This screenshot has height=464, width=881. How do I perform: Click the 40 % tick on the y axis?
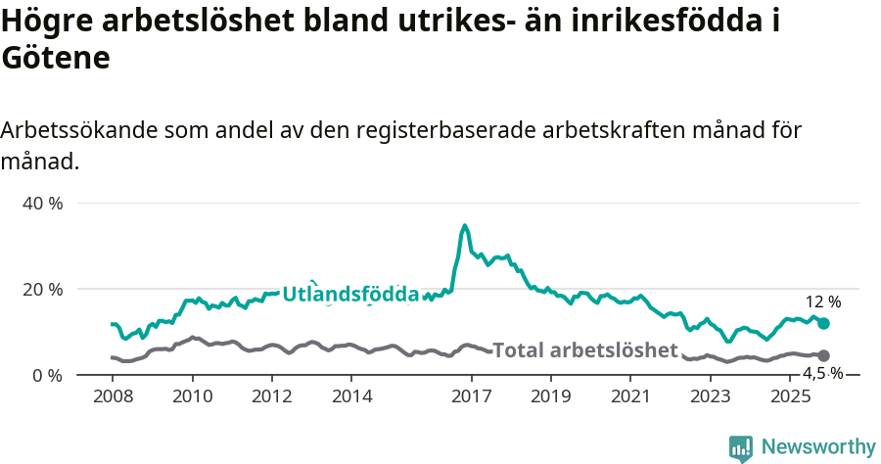(x=42, y=204)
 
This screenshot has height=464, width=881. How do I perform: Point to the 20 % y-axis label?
(x=42, y=290)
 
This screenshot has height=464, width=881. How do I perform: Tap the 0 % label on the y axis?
(x=47, y=376)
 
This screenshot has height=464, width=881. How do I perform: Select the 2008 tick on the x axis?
(x=112, y=395)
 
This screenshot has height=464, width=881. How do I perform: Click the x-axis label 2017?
(x=471, y=395)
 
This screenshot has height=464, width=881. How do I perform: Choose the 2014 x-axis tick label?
(x=351, y=395)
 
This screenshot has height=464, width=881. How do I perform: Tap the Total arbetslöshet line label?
(x=584, y=350)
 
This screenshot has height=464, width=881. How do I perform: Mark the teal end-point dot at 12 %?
(x=823, y=323)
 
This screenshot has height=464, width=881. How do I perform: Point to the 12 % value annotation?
(x=822, y=302)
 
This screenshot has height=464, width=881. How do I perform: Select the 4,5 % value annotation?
(x=822, y=373)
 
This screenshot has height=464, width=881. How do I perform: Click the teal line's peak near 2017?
(x=465, y=226)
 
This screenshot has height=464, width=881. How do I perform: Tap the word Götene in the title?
(x=55, y=59)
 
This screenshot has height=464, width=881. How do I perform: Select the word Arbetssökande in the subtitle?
(x=80, y=130)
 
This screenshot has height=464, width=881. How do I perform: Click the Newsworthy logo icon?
(x=741, y=448)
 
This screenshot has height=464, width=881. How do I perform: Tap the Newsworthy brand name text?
(x=818, y=447)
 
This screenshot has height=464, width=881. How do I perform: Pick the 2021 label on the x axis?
(x=630, y=395)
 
